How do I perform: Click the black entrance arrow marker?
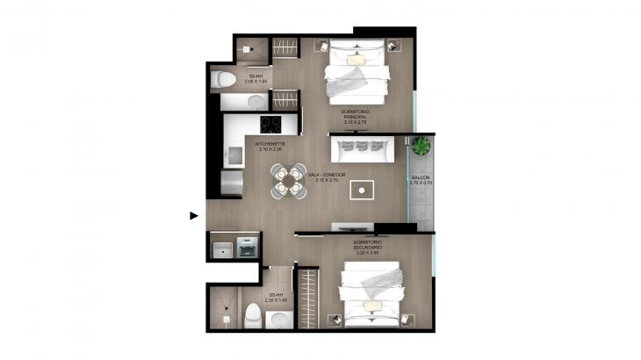[x=194, y=213]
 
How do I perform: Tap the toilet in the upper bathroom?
[x=223, y=81]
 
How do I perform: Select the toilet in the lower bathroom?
[x=253, y=313]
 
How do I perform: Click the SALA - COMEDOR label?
[x=327, y=176]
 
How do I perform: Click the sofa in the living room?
[x=362, y=149]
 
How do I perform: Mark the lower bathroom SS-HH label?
[x=277, y=298]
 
